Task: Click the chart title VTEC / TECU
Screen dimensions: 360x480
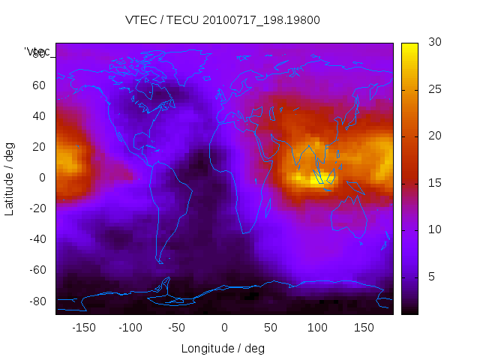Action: click(223, 20)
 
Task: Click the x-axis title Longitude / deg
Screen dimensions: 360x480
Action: click(223, 349)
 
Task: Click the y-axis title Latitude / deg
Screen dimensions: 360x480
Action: click(10, 177)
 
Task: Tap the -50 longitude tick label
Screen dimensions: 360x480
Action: click(177, 328)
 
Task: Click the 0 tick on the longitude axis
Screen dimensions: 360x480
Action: click(224, 328)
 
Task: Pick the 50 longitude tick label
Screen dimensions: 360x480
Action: click(271, 328)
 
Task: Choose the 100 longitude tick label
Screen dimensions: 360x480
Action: click(317, 328)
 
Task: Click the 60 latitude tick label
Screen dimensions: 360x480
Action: click(39, 85)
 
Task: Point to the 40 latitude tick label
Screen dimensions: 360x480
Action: click(39, 115)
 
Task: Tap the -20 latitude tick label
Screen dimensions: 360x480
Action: click(37, 208)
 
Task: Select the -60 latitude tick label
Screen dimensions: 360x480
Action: click(37, 270)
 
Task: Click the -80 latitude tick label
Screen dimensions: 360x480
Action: click(37, 301)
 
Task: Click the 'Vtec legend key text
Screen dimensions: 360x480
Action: click(37, 51)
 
